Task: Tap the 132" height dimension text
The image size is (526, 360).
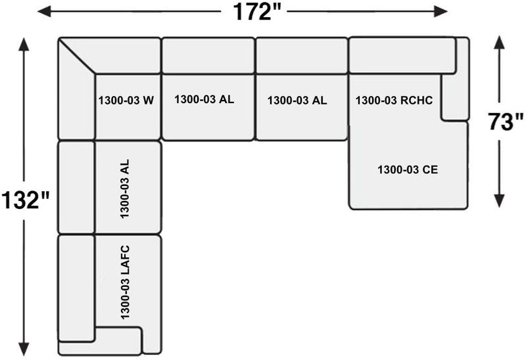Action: click(x=26, y=200)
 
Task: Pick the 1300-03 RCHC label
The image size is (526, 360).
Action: click(x=394, y=101)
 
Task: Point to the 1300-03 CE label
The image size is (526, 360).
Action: click(x=408, y=169)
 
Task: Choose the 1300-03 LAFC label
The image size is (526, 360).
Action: click(x=126, y=282)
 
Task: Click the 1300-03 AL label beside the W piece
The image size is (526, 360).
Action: click(x=204, y=100)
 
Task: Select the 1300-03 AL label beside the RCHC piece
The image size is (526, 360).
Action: click(x=297, y=101)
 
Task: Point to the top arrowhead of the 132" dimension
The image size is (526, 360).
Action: click(x=24, y=45)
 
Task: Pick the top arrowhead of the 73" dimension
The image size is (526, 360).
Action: click(x=499, y=42)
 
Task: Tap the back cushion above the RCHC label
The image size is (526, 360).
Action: click(x=401, y=56)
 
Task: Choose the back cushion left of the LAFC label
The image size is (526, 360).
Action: click(x=76, y=288)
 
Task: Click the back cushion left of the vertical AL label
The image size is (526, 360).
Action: click(x=76, y=187)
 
